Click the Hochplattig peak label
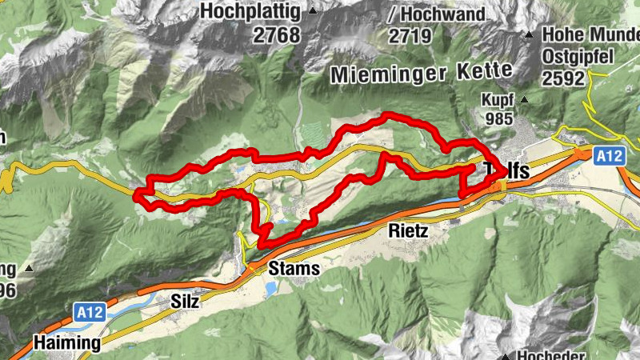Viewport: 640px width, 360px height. pos(251,12)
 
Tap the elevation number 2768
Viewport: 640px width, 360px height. pos(273,35)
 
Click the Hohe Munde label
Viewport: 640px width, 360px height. pos(590,35)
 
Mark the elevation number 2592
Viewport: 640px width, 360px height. pos(564,78)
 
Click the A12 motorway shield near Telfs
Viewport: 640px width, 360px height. pos(609,157)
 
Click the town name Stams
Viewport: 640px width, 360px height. pos(294,269)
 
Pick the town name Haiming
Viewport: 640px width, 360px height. pos(67,343)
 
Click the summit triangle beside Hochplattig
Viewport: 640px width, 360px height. pos(313,11)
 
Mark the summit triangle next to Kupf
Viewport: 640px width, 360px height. pos(524,100)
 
